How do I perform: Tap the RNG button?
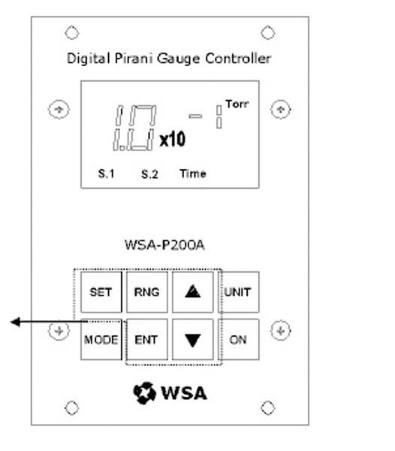pyautogui.click(x=146, y=292)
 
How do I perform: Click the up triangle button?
pyautogui.click(x=193, y=292)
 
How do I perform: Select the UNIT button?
pyautogui.click(x=239, y=292)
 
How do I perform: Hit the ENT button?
pyautogui.click(x=146, y=340)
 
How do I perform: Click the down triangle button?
pyautogui.click(x=193, y=340)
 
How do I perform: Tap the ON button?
pyautogui.click(x=239, y=340)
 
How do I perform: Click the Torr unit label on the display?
pyautogui.click(x=237, y=104)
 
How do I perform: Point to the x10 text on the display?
pyautogui.click(x=173, y=140)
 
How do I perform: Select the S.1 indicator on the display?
pyautogui.click(x=107, y=174)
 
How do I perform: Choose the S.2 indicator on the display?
pyautogui.click(x=149, y=174)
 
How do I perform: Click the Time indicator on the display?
pyautogui.click(x=193, y=174)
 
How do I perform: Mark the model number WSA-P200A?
pyautogui.click(x=164, y=245)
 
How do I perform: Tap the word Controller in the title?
pyautogui.click(x=238, y=59)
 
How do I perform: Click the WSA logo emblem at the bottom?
pyautogui.click(x=144, y=393)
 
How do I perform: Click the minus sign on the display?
pyautogui.click(x=195, y=117)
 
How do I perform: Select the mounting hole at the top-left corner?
pyautogui.click(x=72, y=32)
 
